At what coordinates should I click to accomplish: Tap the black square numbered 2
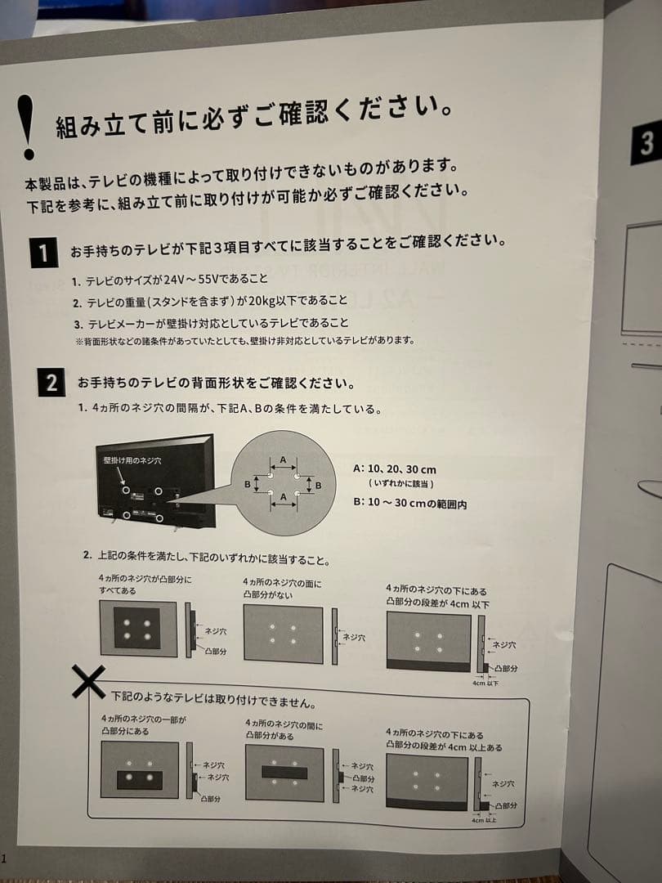[x=51, y=382]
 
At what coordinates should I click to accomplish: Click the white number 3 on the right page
[x=646, y=145]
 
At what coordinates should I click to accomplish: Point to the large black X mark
[x=87, y=681]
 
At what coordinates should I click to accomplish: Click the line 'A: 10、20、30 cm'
[x=395, y=469]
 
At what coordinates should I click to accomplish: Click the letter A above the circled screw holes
[x=283, y=460]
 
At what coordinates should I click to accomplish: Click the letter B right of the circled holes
[x=319, y=486]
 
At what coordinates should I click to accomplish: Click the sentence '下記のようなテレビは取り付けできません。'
[x=214, y=701]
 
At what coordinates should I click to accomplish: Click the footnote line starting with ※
[x=245, y=341]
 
